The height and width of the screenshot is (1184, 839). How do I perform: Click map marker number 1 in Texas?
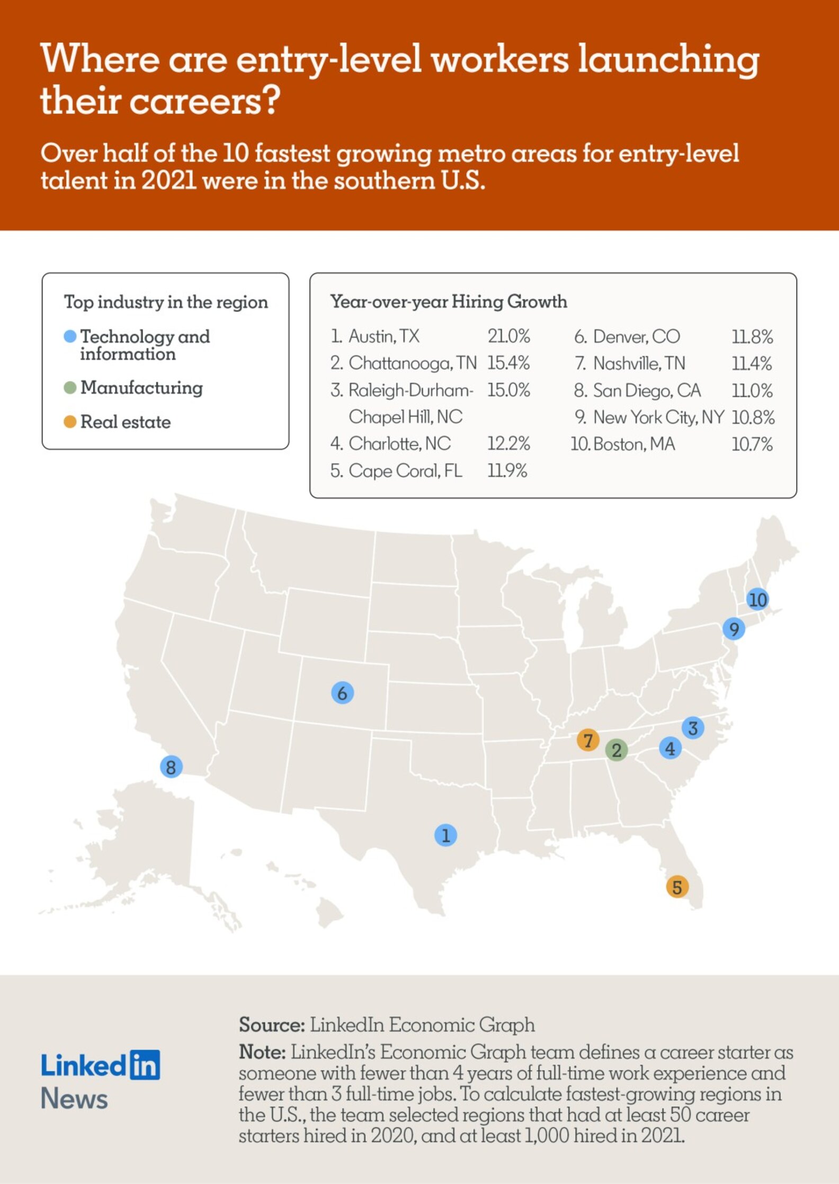point(445,835)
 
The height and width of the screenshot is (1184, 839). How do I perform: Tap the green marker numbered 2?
point(617,750)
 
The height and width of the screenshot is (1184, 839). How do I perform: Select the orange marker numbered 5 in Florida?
point(677,887)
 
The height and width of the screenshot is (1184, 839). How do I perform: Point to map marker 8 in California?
point(171,767)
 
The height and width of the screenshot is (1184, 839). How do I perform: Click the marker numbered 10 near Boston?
point(758,600)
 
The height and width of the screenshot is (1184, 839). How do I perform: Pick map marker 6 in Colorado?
point(342,693)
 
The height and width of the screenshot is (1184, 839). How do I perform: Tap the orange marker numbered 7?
point(588,740)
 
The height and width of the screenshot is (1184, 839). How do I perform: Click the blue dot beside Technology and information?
point(70,336)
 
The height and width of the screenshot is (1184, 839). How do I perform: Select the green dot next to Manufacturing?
point(70,388)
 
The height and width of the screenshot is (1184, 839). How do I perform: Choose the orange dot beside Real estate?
point(70,422)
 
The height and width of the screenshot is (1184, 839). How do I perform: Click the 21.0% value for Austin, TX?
point(508,336)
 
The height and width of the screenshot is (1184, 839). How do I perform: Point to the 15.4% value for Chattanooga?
point(508,363)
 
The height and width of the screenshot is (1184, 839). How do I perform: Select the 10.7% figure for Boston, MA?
point(752,444)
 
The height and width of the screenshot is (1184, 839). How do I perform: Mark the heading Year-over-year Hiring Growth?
point(449,301)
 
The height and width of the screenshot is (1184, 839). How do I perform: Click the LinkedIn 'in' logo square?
point(145,1065)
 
